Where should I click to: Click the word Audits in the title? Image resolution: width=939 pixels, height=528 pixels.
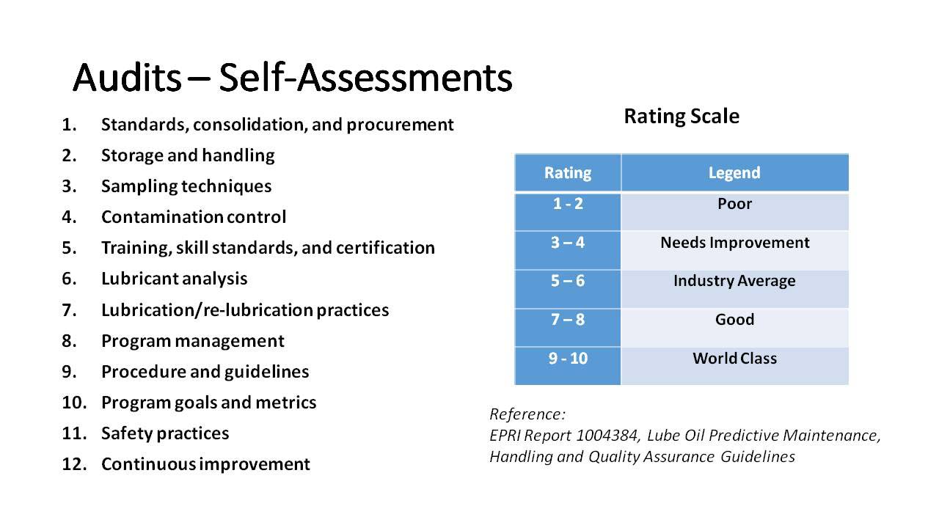[x=128, y=78]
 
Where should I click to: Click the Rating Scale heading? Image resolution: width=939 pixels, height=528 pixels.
[x=682, y=116]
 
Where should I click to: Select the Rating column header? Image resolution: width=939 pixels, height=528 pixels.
[x=568, y=172]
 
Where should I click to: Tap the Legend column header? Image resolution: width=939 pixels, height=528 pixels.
[x=734, y=172]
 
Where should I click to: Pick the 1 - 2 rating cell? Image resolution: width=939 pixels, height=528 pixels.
[x=568, y=212]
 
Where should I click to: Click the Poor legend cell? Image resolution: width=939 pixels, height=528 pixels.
[x=734, y=212]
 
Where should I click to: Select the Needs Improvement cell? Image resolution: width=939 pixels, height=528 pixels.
[x=734, y=250]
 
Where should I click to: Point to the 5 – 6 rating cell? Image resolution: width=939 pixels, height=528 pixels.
[x=568, y=289]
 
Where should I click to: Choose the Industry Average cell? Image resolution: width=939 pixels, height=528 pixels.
[x=734, y=289]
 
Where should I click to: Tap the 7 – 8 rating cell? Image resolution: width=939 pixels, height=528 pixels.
[x=568, y=327]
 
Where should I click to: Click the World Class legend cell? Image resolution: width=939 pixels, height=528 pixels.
[x=734, y=366]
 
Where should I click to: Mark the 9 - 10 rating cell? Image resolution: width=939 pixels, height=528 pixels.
[x=568, y=366]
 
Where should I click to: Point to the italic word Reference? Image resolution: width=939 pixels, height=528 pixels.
[x=527, y=414]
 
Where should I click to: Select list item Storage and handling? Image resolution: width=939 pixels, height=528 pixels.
[x=188, y=155]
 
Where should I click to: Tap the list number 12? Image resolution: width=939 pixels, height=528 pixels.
[x=74, y=464]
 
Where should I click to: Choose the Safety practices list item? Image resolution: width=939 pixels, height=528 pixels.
[x=165, y=433]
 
